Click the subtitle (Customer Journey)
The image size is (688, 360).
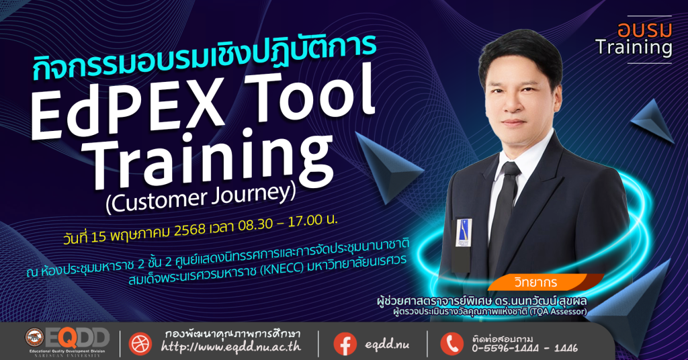201,197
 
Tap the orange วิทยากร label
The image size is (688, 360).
535,282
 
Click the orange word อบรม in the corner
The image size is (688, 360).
644,30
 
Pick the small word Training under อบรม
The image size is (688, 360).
634,48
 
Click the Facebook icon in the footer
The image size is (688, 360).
345,343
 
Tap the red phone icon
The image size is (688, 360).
451,343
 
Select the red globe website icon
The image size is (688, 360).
140,343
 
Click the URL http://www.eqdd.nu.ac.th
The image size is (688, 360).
231,347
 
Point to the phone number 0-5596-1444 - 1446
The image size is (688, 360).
525,349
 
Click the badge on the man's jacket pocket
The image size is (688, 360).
464,232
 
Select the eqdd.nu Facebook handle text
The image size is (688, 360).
386,345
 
